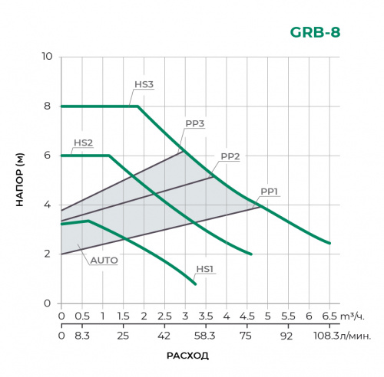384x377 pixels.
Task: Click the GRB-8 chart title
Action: (x=315, y=32)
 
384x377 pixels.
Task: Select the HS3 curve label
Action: (x=144, y=84)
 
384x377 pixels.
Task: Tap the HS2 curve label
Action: (x=83, y=143)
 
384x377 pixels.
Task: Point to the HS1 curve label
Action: (x=204, y=268)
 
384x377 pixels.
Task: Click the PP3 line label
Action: (x=195, y=123)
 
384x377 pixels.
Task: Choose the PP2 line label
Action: (x=230, y=156)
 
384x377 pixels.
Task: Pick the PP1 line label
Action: (x=270, y=191)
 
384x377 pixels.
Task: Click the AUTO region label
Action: (x=104, y=261)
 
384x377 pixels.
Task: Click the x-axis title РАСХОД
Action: (x=187, y=356)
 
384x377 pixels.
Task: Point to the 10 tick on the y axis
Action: (x=47, y=57)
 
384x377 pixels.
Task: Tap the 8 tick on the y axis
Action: (x=47, y=106)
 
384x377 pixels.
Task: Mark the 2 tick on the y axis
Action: (x=47, y=254)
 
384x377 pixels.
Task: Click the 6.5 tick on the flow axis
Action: (x=329, y=315)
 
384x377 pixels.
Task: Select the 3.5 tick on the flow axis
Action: (x=205, y=315)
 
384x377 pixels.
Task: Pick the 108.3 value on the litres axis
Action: (x=326, y=335)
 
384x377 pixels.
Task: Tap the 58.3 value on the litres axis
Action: (x=205, y=335)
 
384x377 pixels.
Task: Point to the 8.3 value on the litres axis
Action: (x=81, y=335)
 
